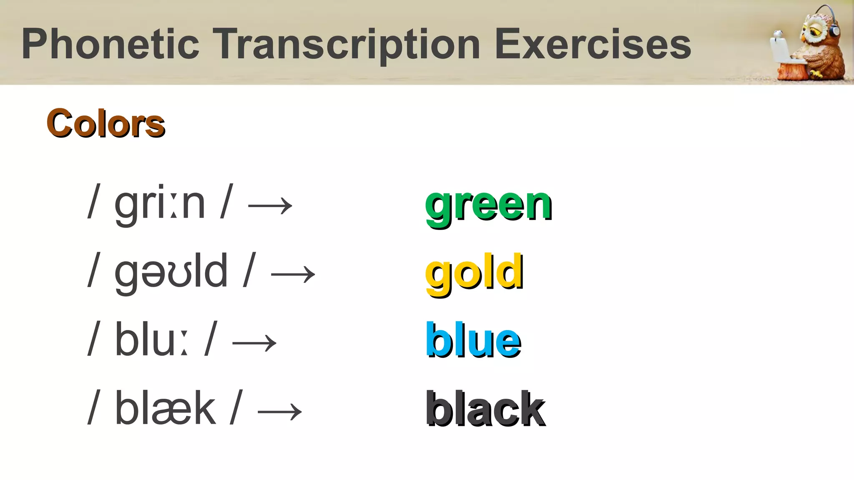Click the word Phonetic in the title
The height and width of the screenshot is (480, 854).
point(111,44)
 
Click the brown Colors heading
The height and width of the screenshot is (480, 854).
point(106,124)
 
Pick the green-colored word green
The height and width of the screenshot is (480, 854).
point(488,205)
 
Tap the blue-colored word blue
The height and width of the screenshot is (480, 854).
point(473,341)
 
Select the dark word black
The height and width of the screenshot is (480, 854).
point(485,409)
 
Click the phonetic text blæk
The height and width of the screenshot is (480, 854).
point(165,408)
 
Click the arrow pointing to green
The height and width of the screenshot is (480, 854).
point(270,205)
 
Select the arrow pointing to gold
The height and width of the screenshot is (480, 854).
point(293,274)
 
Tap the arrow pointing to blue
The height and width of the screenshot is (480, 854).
point(254,343)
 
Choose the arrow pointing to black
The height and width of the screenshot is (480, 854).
point(280,411)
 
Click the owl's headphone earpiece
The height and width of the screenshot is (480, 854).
point(834,30)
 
